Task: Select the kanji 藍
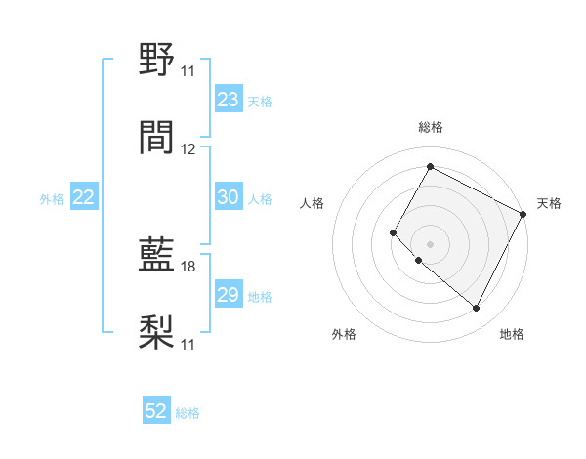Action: pos(157,256)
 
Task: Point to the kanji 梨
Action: pos(157,332)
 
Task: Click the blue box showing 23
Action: pos(229,99)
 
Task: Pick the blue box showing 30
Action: pos(229,197)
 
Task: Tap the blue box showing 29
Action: pos(229,295)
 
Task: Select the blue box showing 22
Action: pos(84,197)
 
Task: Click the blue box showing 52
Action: pos(156,411)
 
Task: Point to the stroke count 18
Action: pos(188,267)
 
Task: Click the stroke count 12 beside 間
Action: pos(188,148)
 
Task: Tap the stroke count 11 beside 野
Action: pos(188,71)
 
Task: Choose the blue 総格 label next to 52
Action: pos(188,413)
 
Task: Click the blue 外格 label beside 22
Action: pos(52,198)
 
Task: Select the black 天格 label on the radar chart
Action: pos(549,203)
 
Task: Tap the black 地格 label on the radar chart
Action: pos(512,334)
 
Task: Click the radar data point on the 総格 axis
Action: pos(430,166)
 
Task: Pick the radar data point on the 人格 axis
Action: pos(394,232)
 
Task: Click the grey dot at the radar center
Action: pos(430,244)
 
